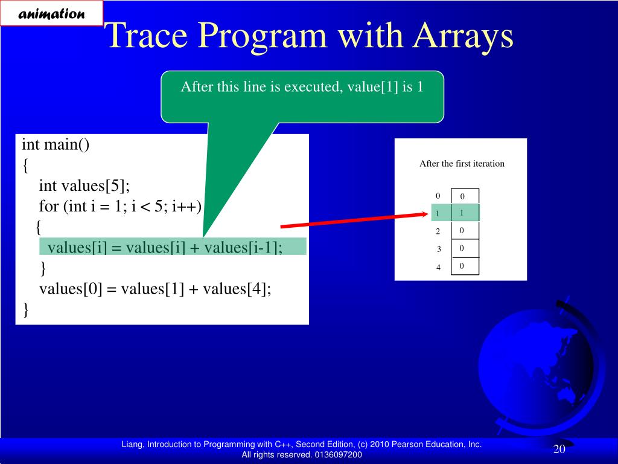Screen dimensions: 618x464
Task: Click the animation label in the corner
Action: pos(51,13)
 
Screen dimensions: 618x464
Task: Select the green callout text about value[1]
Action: pos(302,86)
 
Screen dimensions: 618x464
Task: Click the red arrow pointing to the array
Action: pos(354,220)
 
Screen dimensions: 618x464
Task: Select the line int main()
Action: pos(56,144)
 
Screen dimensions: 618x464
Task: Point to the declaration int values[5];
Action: pos(84,185)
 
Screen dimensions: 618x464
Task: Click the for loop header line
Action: pos(120,206)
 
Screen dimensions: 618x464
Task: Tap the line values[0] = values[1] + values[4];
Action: pos(155,289)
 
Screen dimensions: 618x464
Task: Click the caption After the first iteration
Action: pos(462,163)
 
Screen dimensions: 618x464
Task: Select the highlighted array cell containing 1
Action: pos(465,213)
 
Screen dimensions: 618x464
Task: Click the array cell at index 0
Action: pos(465,196)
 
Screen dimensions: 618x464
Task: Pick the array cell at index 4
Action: pos(465,266)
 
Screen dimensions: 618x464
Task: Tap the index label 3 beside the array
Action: pos(439,249)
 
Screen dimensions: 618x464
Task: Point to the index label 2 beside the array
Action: pos(438,231)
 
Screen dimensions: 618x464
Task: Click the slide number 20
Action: pos(559,449)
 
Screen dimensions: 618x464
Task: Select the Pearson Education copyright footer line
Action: pos(302,444)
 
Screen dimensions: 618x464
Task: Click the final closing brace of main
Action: pos(26,310)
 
